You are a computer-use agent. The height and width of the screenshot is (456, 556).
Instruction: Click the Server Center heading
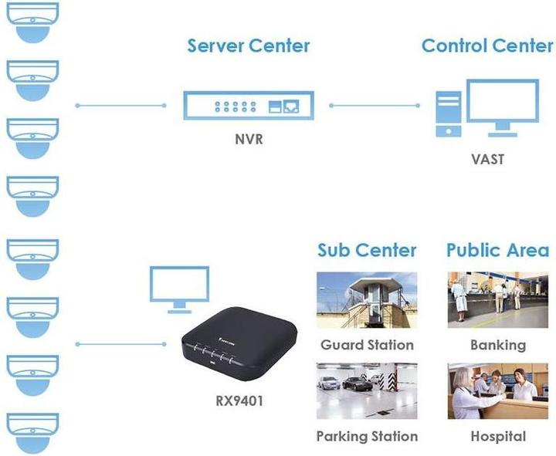(248, 45)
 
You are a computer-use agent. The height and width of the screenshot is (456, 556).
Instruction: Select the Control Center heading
(487, 45)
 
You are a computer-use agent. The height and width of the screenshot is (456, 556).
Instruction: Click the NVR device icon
(249, 105)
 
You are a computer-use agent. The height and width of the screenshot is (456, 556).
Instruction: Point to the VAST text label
(487, 159)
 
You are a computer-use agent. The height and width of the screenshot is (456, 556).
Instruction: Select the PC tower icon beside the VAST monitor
(448, 114)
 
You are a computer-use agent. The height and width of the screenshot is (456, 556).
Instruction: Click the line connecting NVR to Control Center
(373, 105)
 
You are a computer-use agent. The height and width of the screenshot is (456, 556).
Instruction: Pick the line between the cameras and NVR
(121, 105)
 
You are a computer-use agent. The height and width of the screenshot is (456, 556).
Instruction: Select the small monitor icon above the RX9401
(178, 287)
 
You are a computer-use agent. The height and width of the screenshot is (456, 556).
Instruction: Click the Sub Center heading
(367, 250)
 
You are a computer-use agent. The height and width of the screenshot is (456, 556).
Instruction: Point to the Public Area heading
(497, 250)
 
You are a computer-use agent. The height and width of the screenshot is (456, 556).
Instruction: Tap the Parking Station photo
(367, 390)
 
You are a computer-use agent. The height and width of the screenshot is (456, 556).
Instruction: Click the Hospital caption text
(498, 436)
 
